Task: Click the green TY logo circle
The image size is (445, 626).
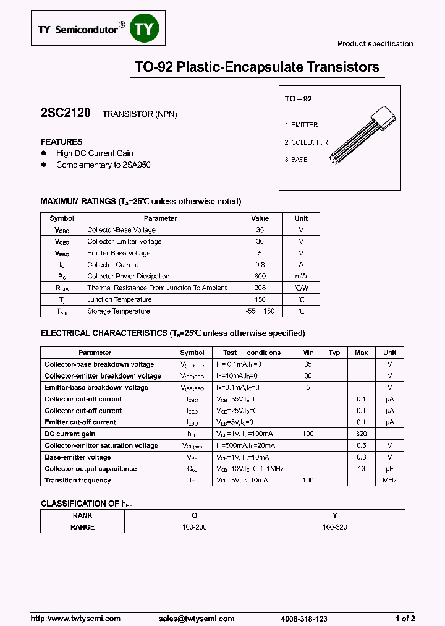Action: [145, 28]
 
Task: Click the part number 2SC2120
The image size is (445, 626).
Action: [66, 113]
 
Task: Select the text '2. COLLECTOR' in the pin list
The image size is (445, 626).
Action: [306, 142]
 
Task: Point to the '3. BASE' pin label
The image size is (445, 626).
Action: [296, 160]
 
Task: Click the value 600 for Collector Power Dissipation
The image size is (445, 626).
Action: [260, 277]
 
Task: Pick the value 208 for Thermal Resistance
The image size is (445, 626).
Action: [260, 288]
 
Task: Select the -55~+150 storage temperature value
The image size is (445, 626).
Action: [260, 312]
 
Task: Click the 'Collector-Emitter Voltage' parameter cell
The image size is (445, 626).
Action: [124, 242]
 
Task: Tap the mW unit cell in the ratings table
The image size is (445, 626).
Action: [301, 277]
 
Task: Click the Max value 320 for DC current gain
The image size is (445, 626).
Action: [362, 434]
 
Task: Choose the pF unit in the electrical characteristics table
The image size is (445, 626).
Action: [389, 469]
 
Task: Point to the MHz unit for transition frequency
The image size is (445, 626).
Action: [389, 481]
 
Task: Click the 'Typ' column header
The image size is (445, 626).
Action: [334, 353]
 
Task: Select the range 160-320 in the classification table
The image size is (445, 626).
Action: [335, 527]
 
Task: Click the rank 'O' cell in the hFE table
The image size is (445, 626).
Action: [194, 515]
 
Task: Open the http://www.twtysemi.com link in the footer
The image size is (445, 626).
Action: [75, 619]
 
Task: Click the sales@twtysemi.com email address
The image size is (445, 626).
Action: [196, 619]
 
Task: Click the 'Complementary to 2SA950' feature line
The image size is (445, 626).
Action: [103, 165]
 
